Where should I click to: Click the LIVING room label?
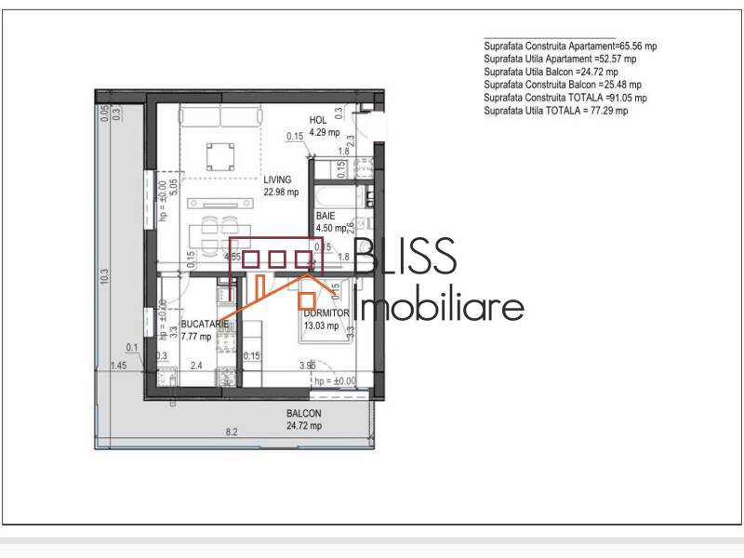[x=277, y=179]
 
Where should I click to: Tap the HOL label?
[x=318, y=120]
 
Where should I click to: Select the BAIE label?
[x=325, y=215]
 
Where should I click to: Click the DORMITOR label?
[x=324, y=313]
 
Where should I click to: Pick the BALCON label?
[x=304, y=414]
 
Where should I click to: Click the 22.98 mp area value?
[x=281, y=193]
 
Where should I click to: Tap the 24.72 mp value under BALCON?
[x=304, y=426]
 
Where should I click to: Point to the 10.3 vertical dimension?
[x=104, y=276]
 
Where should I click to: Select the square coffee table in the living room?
[x=220, y=152]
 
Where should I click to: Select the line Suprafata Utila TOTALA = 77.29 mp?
[x=556, y=111]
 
